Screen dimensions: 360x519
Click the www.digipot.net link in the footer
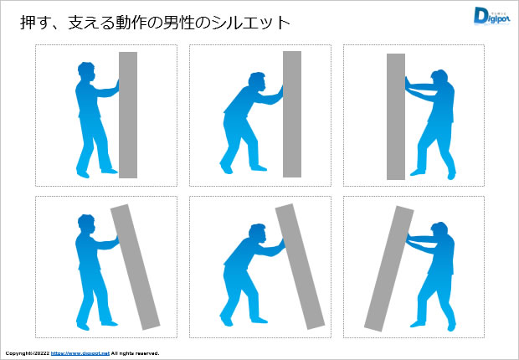click(80, 353)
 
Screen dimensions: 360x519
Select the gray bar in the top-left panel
click(128, 115)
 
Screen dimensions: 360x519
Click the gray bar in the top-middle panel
click(291, 115)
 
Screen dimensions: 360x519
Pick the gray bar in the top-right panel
click(396, 116)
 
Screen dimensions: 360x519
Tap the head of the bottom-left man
click(85, 225)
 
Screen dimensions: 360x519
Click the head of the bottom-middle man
click(258, 234)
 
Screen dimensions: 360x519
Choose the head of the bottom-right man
click(439, 230)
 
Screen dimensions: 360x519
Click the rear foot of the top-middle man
click(225, 170)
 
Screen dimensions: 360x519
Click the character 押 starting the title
click(28, 23)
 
